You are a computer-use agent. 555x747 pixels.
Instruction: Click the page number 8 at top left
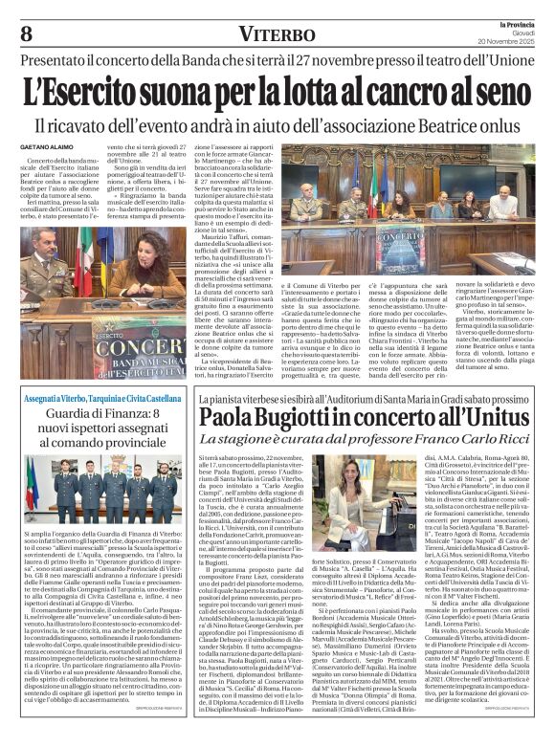(x=27, y=33)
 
